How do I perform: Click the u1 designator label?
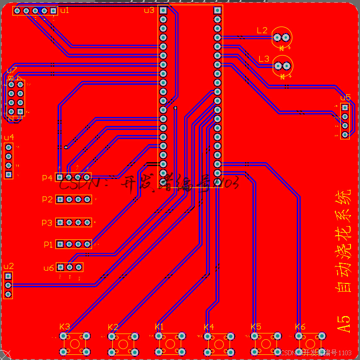pyautogui.click(x=64, y=10)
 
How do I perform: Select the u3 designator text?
pyautogui.click(x=149, y=10)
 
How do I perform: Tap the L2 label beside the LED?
pyautogui.click(x=262, y=31)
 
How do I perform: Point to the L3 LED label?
pyautogui.click(x=264, y=59)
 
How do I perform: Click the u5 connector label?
pyautogui.click(x=345, y=98)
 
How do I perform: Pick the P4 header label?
pyautogui.click(x=47, y=178)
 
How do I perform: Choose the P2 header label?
pyautogui.click(x=47, y=200)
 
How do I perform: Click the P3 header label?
pyautogui.click(x=47, y=223)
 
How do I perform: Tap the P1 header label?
pyautogui.click(x=48, y=245)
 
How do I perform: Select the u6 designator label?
pyautogui.click(x=49, y=268)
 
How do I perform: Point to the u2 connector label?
pyautogui.click(x=9, y=266)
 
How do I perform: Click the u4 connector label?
pyautogui.click(x=9, y=137)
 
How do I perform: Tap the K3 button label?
pyautogui.click(x=65, y=326)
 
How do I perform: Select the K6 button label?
pyautogui.click(x=300, y=327)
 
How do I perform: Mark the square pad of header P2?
pyautogui.click(x=60, y=199)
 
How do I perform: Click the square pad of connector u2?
pyautogui.click(x=8, y=276)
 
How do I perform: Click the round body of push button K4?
pyautogui.click(x=219, y=344)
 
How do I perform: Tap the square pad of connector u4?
pyautogui.click(x=9, y=175)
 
